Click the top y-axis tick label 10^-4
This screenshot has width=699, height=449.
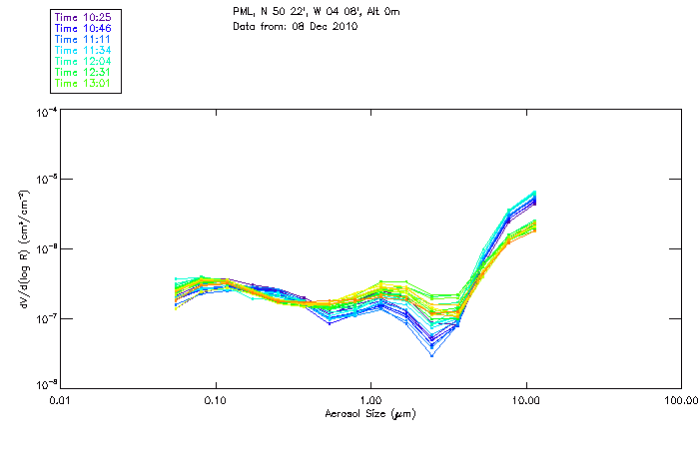pos(45,114)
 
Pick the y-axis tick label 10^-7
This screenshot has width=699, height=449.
pos(45,318)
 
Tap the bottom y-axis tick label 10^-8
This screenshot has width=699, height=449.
pos(45,385)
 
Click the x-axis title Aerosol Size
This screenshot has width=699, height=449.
pos(369,413)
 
